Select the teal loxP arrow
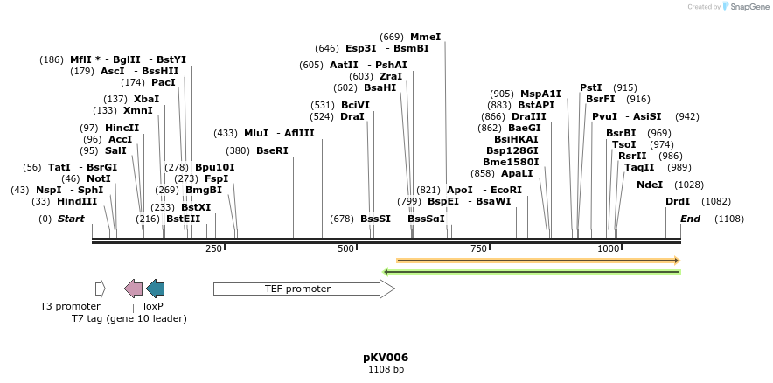pos(155,289)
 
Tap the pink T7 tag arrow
pos(133,289)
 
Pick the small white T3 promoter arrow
pos(101,289)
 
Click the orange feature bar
pos(538,260)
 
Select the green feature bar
pos(533,271)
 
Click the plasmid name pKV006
pos(386,358)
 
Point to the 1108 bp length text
pos(386,370)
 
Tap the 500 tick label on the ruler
pos(346,249)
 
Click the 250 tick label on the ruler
pos(214,249)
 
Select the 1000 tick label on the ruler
pos(609,249)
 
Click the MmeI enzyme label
pos(426,37)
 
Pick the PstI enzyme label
pos(591,87)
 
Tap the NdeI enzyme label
pos(650,185)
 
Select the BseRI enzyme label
pos(272,150)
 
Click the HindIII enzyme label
pos(78,201)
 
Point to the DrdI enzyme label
pos(678,201)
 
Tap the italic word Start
pos(71,219)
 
